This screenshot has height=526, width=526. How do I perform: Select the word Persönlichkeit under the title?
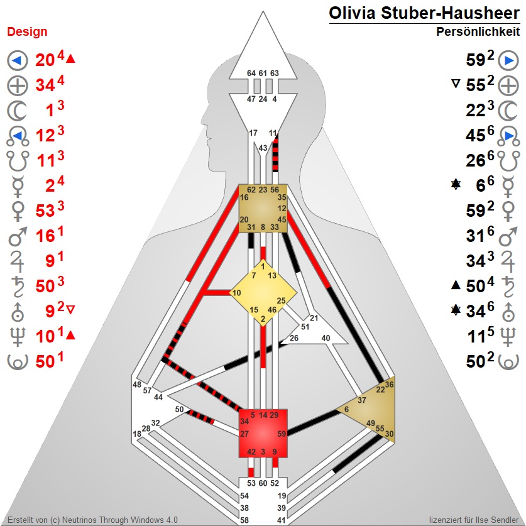point(478,31)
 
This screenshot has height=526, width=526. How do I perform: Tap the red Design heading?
point(27,32)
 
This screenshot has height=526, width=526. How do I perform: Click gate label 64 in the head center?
point(251,74)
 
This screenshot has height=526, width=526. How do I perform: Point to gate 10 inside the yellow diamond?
point(237,293)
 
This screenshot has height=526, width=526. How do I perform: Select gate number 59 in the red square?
point(282,434)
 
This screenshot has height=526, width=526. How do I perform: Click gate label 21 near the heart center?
point(314,318)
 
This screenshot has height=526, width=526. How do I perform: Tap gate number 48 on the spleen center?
point(137,385)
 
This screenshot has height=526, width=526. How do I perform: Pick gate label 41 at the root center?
point(281,520)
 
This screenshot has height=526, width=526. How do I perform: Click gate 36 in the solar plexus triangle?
point(389,385)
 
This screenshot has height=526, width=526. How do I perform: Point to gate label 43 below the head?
point(263,148)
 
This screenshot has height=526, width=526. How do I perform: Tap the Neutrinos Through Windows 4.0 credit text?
point(92,520)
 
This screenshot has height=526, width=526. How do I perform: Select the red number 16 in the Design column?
point(45,239)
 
